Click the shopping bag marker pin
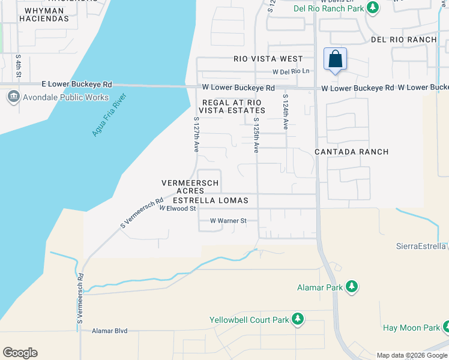(x=335, y=60)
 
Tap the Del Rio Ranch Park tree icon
(x=373, y=8)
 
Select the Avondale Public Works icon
(x=13, y=97)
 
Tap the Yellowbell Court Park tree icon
(x=297, y=319)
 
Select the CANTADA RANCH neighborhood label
(x=352, y=152)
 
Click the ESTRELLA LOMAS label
(x=210, y=200)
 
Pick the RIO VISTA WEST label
(x=268, y=59)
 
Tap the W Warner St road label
(x=228, y=221)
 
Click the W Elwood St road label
(x=178, y=208)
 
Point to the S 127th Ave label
(x=196, y=134)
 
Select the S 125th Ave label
(x=256, y=135)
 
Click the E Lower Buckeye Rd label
(x=77, y=85)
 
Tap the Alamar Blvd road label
(x=111, y=331)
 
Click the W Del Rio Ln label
(x=291, y=71)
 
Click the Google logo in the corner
(x=20, y=353)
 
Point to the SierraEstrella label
(x=421, y=246)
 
